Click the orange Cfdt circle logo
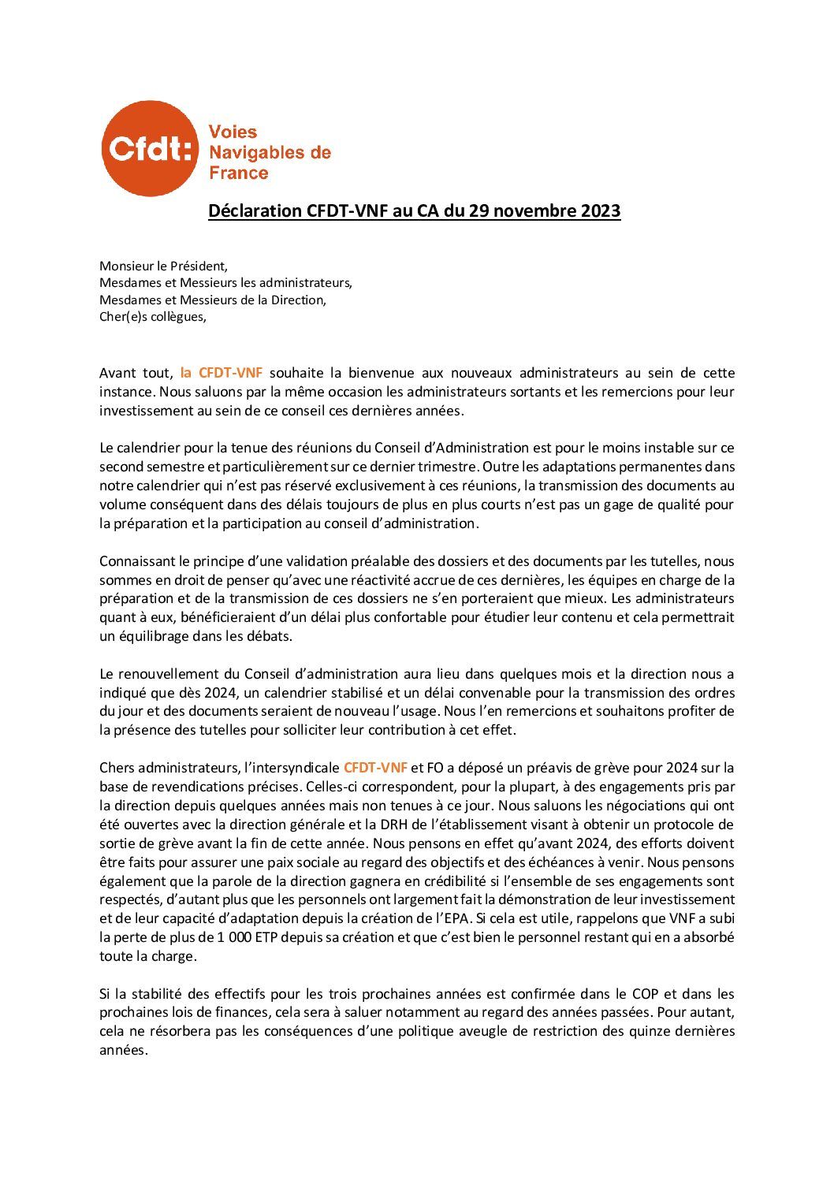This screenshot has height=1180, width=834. point(147,148)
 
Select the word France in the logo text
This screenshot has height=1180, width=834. point(238,173)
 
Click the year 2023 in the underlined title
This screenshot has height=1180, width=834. point(600,211)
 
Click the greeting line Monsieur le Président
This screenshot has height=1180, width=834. point(163,266)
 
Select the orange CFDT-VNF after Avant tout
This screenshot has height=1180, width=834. point(222,373)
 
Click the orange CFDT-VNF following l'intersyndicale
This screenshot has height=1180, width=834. point(375,767)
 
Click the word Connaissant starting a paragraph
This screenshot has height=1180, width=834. point(136,561)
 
